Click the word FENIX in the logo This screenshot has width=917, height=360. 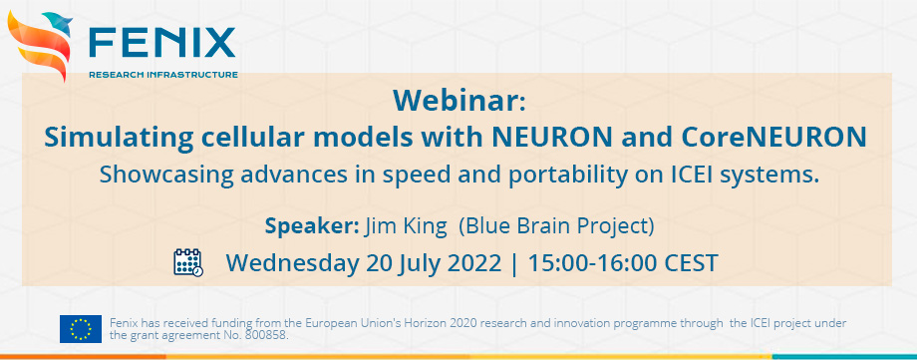[161, 42]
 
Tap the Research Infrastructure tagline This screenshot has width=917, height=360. [162, 74]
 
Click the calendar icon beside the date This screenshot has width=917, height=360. [187, 262]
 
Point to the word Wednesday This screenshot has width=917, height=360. [290, 263]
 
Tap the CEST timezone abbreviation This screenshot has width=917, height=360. [689, 263]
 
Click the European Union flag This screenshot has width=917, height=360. [80, 328]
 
